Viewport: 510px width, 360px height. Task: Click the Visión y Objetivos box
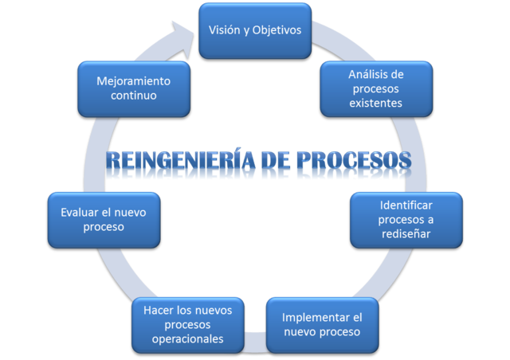(x=254, y=30)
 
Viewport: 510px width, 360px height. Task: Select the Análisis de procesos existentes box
(x=375, y=88)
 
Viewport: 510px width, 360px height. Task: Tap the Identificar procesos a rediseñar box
(x=406, y=219)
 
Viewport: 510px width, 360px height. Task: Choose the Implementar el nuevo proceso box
(x=321, y=324)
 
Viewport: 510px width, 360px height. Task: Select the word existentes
(x=375, y=103)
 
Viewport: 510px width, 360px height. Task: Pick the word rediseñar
(x=406, y=233)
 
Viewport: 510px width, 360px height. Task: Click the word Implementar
(x=316, y=317)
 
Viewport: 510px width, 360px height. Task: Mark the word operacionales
(x=187, y=339)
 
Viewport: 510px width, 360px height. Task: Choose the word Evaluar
(x=80, y=212)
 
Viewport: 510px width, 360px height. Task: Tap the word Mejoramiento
(x=133, y=80)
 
